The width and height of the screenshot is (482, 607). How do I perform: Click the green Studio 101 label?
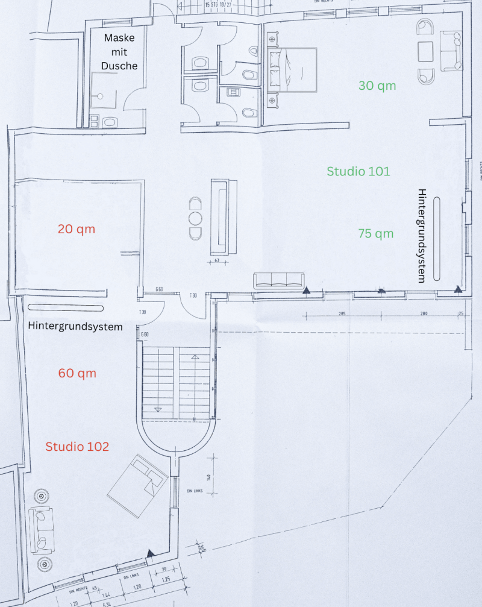[x=358, y=171]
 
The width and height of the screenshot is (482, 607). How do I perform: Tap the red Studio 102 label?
[x=77, y=447]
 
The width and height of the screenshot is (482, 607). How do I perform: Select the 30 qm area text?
[x=377, y=86]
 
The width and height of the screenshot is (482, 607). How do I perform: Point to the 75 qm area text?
[x=375, y=233]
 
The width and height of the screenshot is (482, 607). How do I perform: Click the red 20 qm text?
[x=77, y=229]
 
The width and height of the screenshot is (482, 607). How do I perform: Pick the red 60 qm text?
[x=77, y=373]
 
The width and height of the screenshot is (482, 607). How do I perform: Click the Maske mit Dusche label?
[x=120, y=52]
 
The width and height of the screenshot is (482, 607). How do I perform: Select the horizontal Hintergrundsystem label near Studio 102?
[x=75, y=327]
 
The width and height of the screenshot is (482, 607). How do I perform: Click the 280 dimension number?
[x=424, y=314]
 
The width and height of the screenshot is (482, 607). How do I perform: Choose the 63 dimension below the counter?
[x=216, y=261]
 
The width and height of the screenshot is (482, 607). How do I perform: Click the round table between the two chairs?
[x=195, y=218]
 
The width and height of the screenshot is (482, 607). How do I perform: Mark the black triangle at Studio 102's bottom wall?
[x=151, y=552]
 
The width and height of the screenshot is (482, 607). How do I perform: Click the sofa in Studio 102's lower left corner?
[x=43, y=529]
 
